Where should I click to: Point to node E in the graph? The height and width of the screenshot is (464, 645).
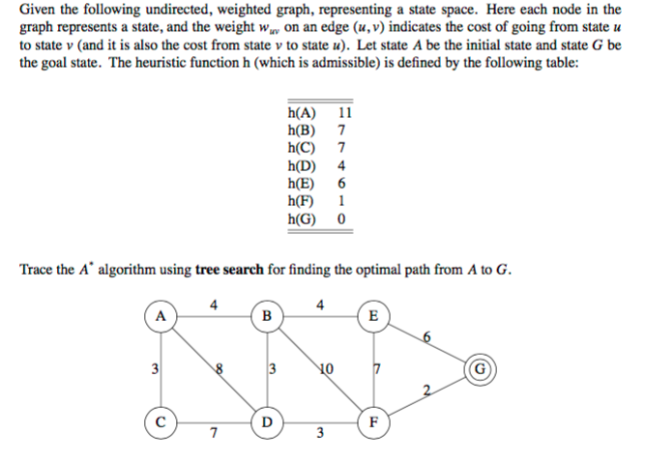[x=375, y=317]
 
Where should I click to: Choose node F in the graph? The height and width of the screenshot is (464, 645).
[x=375, y=423]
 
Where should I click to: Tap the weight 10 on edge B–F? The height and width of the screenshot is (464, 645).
[x=325, y=368]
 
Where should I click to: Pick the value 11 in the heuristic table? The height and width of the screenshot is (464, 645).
[x=344, y=111]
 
